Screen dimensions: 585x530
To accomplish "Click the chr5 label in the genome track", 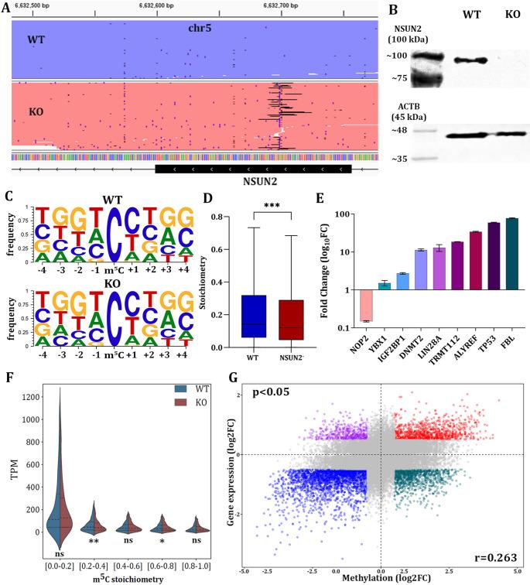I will (x=201, y=28).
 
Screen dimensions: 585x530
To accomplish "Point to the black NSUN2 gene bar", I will (x=253, y=168).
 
